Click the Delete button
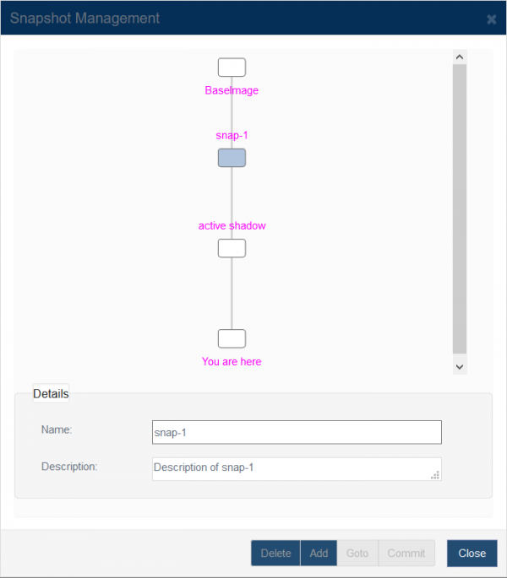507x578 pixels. pos(275,553)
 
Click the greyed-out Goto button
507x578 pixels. pos(357,553)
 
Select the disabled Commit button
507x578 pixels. pos(406,553)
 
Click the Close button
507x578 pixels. pos(472,553)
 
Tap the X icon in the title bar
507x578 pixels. pos(491,19)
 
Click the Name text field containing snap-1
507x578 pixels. pos(297,432)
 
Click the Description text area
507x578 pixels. pos(297,469)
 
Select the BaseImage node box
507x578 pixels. pos(232,68)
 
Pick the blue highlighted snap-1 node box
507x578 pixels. pos(232,158)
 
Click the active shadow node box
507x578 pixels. pos(232,248)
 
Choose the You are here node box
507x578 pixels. pos(232,338)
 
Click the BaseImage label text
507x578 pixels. pos(232,90)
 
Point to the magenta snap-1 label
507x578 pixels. pos(232,136)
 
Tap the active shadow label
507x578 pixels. pos(232,225)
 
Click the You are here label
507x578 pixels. pos(232,362)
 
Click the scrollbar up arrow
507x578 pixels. pos(460,57)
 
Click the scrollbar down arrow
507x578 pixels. pos(460,367)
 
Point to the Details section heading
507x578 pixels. pos(51,394)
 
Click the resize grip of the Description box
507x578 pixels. pos(435,475)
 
